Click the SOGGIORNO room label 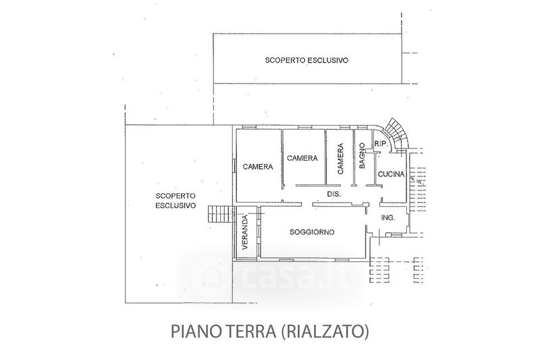[312, 232]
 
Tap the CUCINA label [391, 174]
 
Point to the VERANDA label [245, 232]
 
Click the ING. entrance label [388, 217]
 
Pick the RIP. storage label [381, 144]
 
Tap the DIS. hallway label [333, 195]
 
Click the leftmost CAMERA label [258, 167]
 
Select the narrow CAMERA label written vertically [340, 159]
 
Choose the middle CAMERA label [302, 158]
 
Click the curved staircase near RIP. [396, 134]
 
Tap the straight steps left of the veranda [219, 214]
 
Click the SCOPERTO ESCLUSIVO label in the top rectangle [306, 60]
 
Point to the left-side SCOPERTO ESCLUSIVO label [175, 201]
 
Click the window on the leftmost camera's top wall [249, 128]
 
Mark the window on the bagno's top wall [362, 128]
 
